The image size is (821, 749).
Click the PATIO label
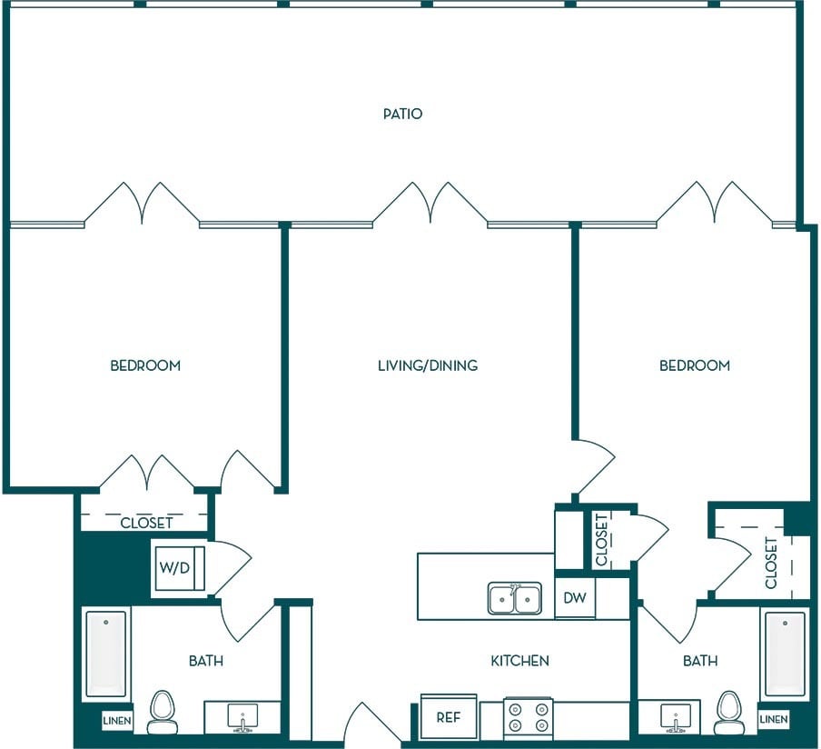402,114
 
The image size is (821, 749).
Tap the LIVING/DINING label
428,365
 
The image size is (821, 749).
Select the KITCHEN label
519,661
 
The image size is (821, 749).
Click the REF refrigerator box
449,716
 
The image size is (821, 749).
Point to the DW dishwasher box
575,598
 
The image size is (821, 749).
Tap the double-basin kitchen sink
515,598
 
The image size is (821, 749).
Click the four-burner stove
529,717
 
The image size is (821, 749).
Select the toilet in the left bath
162,712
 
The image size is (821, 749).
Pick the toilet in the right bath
729,712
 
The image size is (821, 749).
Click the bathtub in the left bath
106,654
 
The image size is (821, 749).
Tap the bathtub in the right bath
785,654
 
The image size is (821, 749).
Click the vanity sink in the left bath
243,716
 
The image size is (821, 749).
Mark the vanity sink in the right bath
676,716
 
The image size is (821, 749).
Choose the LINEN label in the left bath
117,721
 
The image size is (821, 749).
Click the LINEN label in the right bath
774,719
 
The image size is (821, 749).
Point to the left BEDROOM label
145,365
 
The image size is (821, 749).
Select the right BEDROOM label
695,365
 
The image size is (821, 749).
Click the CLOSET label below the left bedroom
146,523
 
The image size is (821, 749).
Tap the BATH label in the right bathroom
700,661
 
